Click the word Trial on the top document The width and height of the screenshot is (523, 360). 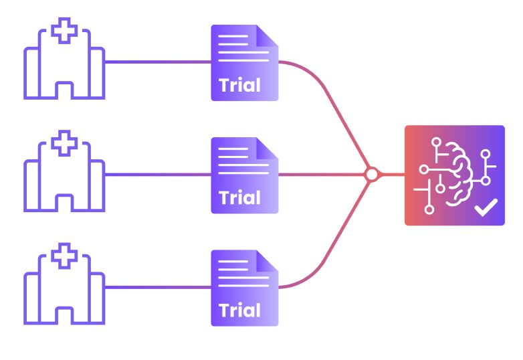point(239,86)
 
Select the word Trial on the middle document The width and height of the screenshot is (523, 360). point(239,198)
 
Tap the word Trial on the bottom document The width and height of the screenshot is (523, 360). point(239,310)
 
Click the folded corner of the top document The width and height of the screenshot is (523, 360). point(267,36)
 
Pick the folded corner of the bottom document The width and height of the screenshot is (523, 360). point(267,261)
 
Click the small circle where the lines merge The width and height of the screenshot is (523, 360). point(371,175)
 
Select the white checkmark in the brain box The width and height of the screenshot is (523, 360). point(486,209)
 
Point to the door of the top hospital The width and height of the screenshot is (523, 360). point(64,91)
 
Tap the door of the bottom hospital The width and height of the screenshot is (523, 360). point(64,316)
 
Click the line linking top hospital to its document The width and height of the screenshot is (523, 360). point(157,62)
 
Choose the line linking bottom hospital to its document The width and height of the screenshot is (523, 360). point(157,287)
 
